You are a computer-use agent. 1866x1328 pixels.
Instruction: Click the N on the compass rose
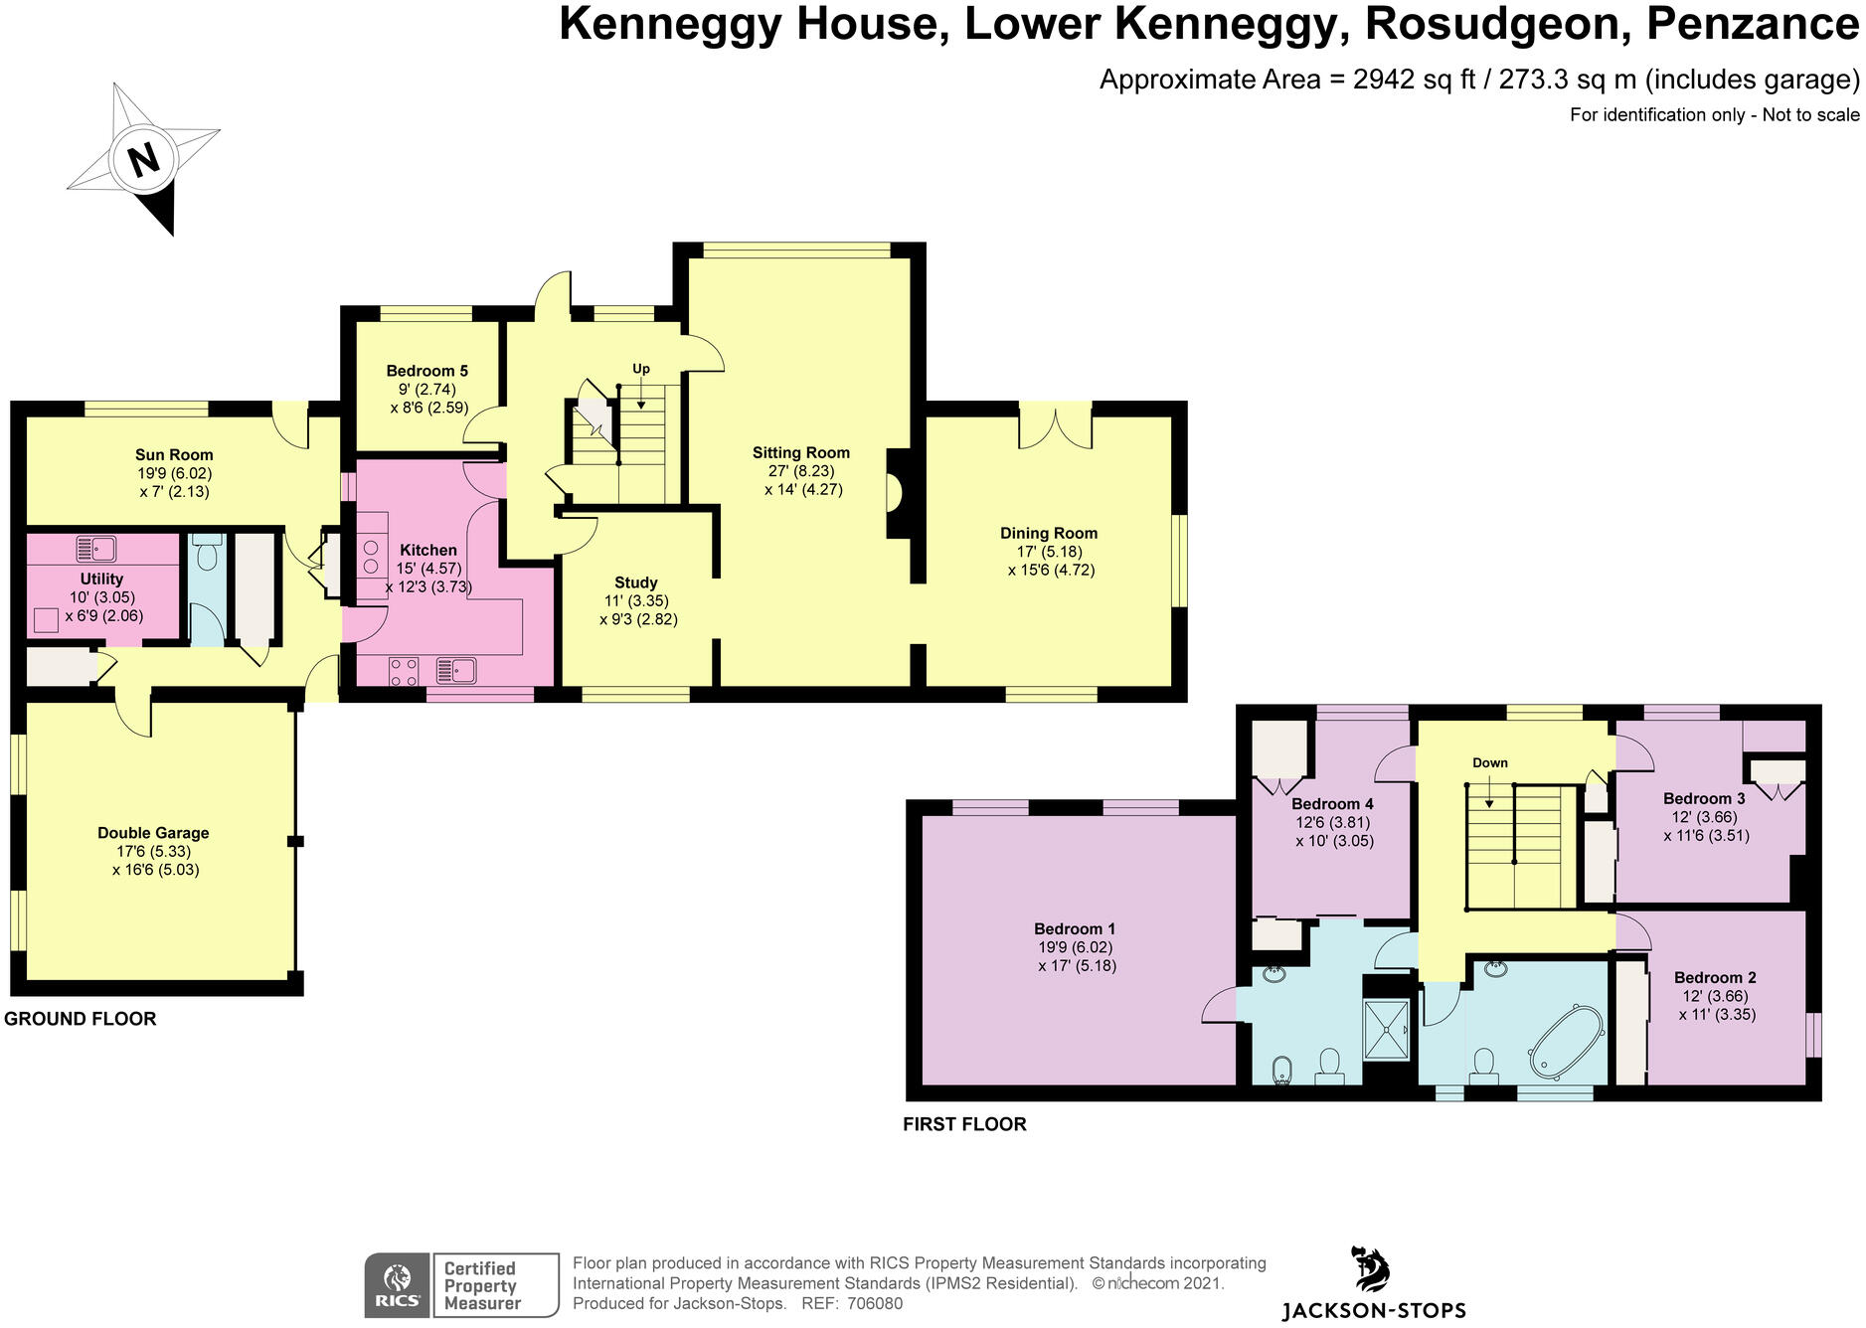[145, 159]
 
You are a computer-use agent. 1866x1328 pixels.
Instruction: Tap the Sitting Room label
[800, 452]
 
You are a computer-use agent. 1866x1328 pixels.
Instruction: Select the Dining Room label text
[1049, 533]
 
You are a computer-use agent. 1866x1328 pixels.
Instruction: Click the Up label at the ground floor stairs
[641, 369]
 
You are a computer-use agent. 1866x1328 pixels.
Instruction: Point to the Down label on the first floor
[1489, 762]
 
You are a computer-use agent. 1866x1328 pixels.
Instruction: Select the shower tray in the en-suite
[1387, 1029]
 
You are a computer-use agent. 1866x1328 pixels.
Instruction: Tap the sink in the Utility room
[96, 549]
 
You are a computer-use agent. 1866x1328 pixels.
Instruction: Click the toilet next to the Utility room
[207, 556]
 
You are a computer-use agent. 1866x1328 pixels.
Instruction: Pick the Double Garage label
[153, 833]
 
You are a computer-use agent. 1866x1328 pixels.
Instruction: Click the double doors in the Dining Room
[1055, 425]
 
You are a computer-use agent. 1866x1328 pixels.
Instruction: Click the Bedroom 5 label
[427, 371]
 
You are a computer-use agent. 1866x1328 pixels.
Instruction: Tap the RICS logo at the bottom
[397, 1286]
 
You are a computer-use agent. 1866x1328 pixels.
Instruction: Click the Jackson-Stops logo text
[1374, 1310]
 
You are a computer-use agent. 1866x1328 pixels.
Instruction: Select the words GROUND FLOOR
[81, 1019]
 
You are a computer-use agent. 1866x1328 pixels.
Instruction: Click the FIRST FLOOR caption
[964, 1124]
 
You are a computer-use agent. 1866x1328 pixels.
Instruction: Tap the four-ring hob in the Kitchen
[404, 672]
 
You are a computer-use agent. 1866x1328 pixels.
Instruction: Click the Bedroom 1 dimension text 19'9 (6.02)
[1075, 947]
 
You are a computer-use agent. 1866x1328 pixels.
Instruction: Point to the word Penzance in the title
[1753, 24]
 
